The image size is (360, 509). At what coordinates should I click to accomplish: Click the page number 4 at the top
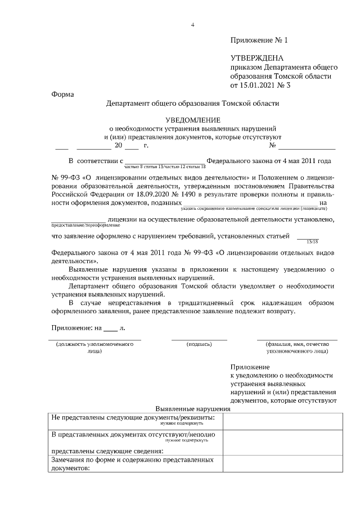coord(193,25)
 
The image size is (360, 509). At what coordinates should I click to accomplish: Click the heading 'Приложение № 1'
coord(259,40)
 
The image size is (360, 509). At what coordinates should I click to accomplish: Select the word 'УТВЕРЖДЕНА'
coord(257,58)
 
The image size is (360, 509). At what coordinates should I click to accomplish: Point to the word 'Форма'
coord(62,94)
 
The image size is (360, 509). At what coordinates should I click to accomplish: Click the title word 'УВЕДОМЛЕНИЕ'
coord(192,120)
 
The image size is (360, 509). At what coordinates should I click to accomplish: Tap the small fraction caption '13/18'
coord(310,241)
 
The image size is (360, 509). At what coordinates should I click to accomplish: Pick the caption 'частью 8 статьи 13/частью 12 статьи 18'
coord(162,167)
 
